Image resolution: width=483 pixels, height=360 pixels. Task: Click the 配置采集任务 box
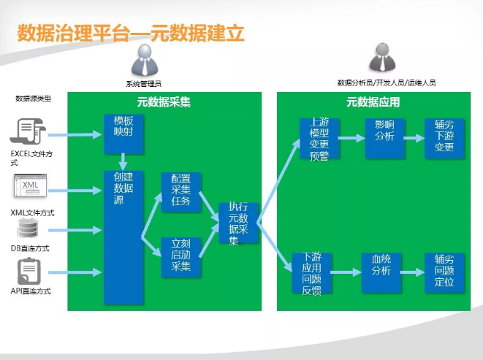point(180,192)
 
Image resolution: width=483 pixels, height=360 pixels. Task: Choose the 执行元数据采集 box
point(237,223)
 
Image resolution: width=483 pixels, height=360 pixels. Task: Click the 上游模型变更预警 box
point(319,138)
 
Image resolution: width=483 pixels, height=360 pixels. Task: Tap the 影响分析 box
point(384,138)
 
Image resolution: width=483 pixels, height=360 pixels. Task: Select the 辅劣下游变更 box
point(444,138)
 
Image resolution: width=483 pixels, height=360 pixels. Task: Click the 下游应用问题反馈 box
point(312,273)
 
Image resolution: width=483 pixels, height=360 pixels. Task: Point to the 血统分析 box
point(382,273)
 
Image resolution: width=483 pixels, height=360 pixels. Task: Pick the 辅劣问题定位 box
point(444,273)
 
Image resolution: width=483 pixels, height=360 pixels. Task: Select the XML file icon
point(30,187)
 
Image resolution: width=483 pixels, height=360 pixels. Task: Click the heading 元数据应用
point(373,102)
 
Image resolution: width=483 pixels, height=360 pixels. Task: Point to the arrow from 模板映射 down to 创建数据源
point(123,161)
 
